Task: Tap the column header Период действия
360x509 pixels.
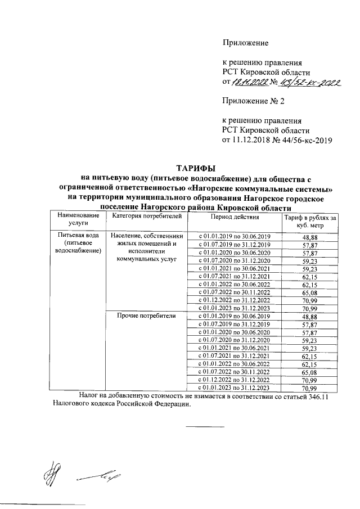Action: click(x=235, y=217)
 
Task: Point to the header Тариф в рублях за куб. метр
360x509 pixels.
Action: click(x=309, y=221)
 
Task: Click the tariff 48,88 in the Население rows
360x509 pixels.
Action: click(x=310, y=237)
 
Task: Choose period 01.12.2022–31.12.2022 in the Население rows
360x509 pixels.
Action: click(x=235, y=300)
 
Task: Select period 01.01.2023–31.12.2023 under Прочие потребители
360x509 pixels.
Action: click(x=235, y=388)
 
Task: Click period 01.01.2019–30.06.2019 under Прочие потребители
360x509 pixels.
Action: click(x=235, y=317)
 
